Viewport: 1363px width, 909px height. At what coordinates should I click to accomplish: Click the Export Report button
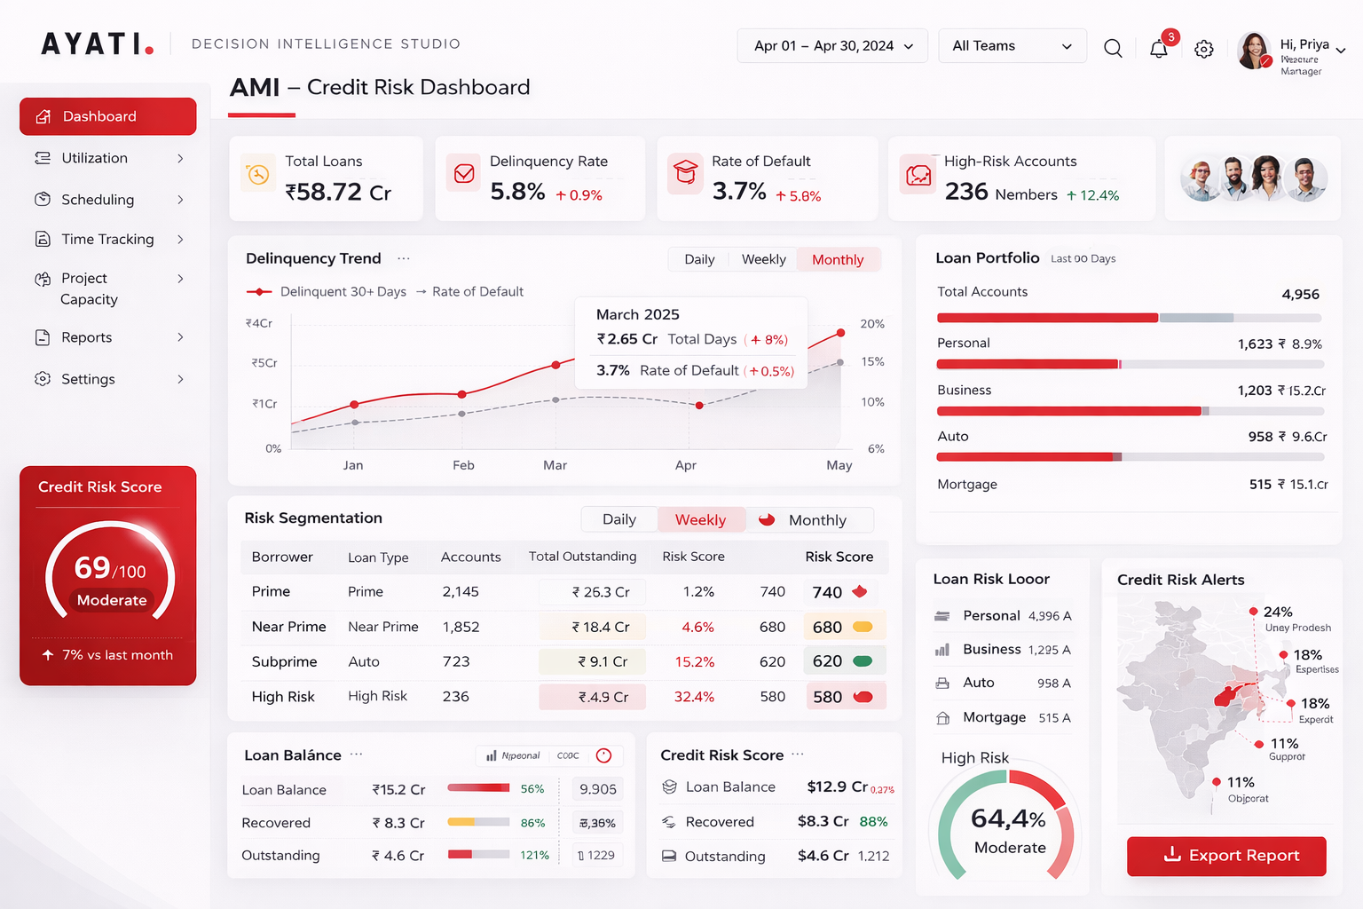(x=1226, y=856)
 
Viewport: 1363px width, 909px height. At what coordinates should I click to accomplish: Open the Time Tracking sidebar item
(x=107, y=240)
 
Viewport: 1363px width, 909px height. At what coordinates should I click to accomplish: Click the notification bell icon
(x=1158, y=49)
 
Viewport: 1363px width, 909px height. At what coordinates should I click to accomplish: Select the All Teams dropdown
(x=1012, y=46)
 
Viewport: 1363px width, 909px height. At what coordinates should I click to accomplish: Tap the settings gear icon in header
(x=1203, y=49)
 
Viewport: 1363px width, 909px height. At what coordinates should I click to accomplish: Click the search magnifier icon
(x=1113, y=48)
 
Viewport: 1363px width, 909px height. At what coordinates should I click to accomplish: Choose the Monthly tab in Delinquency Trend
(x=837, y=259)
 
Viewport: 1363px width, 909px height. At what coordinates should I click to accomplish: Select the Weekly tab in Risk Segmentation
(x=700, y=520)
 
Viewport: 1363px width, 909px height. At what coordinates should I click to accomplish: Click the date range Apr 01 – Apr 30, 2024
(x=832, y=46)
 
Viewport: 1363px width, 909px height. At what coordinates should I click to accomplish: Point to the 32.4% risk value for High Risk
(x=694, y=697)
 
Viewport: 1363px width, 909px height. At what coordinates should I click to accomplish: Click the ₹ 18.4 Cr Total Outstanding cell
(x=600, y=628)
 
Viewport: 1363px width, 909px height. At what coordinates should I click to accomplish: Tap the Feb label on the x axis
(x=463, y=465)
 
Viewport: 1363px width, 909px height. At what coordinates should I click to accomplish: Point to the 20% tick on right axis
(x=872, y=324)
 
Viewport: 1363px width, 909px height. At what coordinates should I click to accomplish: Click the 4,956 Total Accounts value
(x=1300, y=295)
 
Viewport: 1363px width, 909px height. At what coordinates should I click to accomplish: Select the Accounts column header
(x=470, y=557)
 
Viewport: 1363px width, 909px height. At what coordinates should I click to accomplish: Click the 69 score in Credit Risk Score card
(x=92, y=568)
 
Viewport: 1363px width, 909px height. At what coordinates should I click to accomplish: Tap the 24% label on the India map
(x=1278, y=612)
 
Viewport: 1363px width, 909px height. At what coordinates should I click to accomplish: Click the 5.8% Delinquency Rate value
(x=517, y=192)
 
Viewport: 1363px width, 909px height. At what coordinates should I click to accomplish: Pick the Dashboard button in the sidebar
(x=107, y=116)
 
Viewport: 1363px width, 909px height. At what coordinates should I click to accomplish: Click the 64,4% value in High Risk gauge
(x=1008, y=818)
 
